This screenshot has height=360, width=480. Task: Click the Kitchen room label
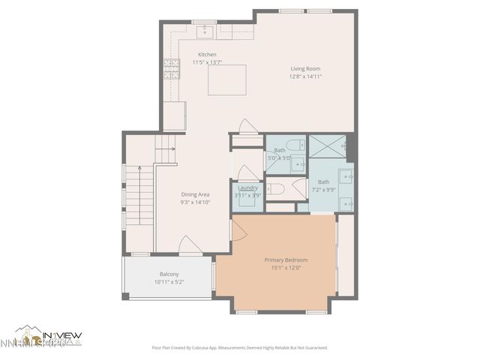pos(207,55)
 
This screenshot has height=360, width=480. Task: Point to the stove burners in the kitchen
pos(169,69)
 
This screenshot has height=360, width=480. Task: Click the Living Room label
pos(305,69)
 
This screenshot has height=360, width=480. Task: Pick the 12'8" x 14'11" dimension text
pos(306,76)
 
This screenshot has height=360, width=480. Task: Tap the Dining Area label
pos(194,195)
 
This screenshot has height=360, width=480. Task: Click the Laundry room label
pos(247,187)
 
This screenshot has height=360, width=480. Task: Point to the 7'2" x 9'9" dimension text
pos(323,189)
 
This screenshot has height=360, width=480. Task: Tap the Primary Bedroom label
pos(286,260)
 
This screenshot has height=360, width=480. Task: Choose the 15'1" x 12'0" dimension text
pos(286,268)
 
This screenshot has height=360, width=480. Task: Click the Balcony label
pos(169,274)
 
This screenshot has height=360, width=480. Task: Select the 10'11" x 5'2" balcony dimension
pos(169,282)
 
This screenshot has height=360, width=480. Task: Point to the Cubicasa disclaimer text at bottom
pos(239,347)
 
